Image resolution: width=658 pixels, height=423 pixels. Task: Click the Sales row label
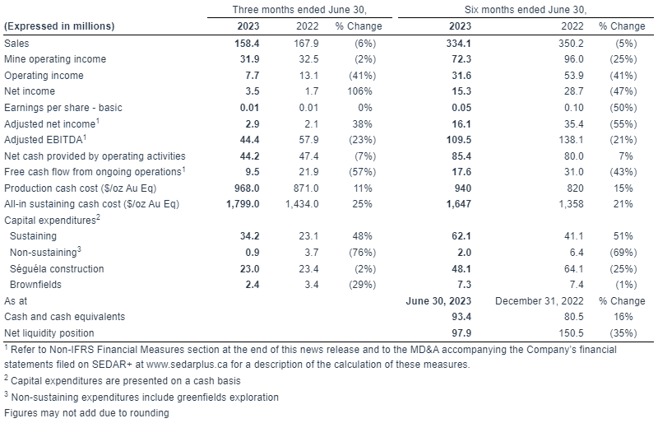click(16, 44)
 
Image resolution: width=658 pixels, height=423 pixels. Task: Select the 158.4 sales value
click(248, 44)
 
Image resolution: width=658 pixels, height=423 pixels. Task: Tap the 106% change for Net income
click(359, 91)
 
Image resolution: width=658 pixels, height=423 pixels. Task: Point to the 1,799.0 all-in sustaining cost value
click(243, 204)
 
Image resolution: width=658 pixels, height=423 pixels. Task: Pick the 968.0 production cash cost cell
click(247, 188)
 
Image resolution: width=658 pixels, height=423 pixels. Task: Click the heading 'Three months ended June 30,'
click(299, 10)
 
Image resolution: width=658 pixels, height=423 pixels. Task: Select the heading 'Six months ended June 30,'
click(526, 10)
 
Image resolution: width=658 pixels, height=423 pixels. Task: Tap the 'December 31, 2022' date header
click(540, 301)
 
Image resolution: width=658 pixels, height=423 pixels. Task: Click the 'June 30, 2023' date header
click(438, 301)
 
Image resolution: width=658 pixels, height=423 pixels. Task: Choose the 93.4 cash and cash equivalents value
click(461, 317)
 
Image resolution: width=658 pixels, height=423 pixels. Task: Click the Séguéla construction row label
click(57, 269)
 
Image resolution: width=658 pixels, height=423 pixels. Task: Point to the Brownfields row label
click(35, 285)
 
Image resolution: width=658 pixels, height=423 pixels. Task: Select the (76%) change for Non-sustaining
click(363, 253)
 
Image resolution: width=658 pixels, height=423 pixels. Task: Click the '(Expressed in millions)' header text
click(59, 26)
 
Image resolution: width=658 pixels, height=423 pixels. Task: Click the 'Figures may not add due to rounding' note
click(86, 413)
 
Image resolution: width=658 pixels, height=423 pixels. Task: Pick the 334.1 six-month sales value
click(459, 44)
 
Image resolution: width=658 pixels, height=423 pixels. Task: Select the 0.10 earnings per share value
click(573, 108)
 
